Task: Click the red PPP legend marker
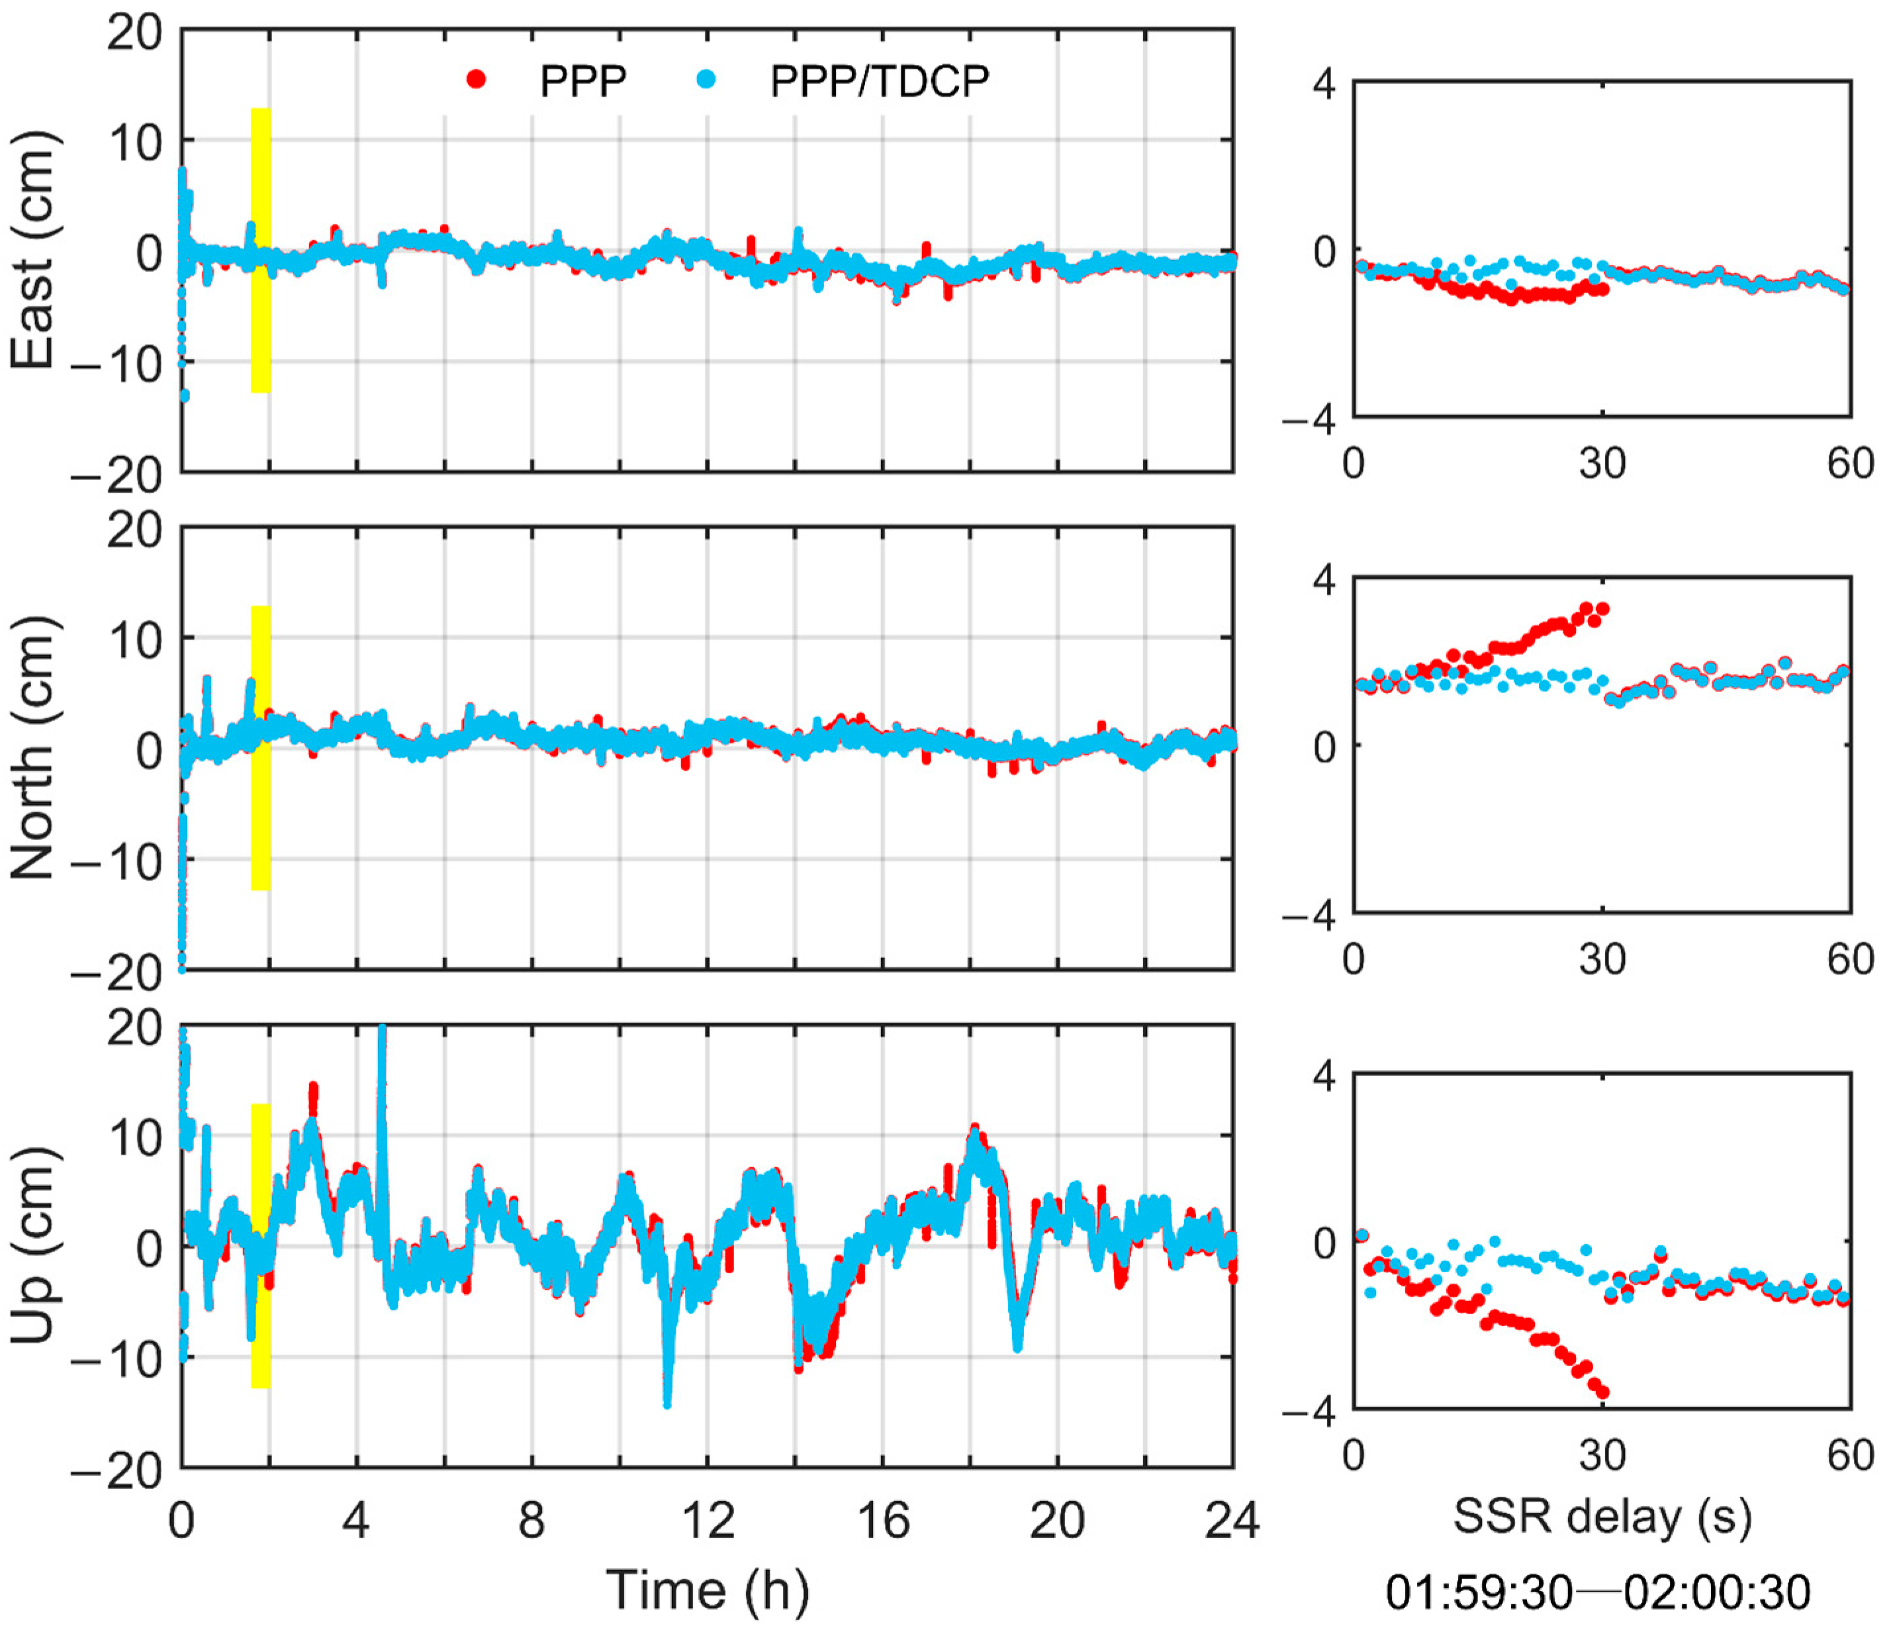point(476,80)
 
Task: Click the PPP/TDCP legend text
point(879,81)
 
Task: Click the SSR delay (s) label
point(1602,1517)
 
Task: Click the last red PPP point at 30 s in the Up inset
point(1602,1392)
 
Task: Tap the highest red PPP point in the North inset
point(1602,608)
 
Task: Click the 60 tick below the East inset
point(1850,464)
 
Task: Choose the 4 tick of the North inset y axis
point(1323,579)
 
